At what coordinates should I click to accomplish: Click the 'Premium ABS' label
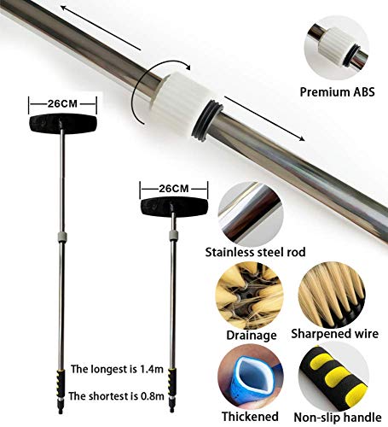pyautogui.click(x=337, y=92)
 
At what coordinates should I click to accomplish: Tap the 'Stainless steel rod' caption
pyautogui.click(x=255, y=252)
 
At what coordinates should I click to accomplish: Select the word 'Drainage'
pyautogui.click(x=252, y=335)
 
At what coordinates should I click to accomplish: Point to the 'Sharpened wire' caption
pyautogui.click(x=335, y=334)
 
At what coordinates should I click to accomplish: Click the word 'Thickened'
pyautogui.click(x=250, y=417)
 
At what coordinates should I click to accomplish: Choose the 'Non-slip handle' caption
pyautogui.click(x=338, y=418)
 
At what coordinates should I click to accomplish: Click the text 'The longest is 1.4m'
pyautogui.click(x=117, y=369)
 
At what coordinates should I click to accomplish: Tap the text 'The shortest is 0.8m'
pyautogui.click(x=116, y=396)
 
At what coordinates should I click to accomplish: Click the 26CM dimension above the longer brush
pyautogui.click(x=62, y=104)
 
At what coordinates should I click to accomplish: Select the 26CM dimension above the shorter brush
pyautogui.click(x=174, y=189)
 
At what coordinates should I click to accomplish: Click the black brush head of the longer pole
pyautogui.click(x=63, y=124)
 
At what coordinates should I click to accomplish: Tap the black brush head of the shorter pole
pyautogui.click(x=174, y=207)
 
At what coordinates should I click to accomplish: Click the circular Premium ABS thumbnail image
pyautogui.click(x=337, y=48)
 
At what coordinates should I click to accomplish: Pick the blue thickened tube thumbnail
pyautogui.click(x=251, y=377)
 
